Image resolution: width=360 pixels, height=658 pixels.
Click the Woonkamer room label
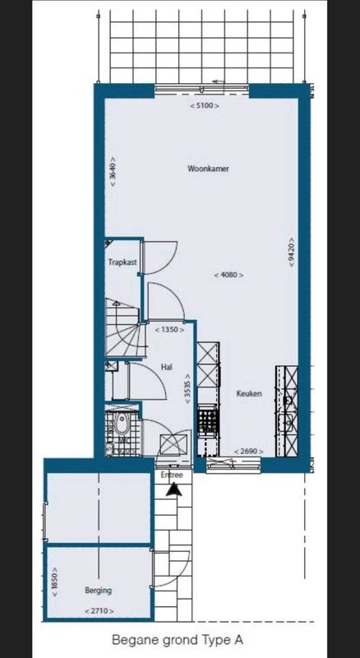coord(208,169)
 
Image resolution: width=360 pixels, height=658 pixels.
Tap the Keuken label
coord(249,394)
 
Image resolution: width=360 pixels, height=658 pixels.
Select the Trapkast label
coord(122,262)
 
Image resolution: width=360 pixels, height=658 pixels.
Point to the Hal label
coord(167,367)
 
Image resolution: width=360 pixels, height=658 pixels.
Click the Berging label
coord(99,591)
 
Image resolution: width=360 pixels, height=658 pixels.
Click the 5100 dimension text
coord(205,106)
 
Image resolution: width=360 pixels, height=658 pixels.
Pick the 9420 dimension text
coord(291,253)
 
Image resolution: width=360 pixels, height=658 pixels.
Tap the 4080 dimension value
coord(228,276)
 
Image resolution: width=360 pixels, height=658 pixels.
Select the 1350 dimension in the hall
coord(169,330)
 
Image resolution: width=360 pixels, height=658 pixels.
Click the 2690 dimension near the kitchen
coord(249,452)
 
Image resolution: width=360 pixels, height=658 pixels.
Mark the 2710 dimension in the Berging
coord(99,610)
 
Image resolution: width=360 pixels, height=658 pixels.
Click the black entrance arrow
coord(173,489)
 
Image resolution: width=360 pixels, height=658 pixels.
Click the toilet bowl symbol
coord(122,424)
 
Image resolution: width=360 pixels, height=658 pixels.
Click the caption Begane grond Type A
coord(178,641)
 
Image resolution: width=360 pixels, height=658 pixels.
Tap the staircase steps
coord(124,329)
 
